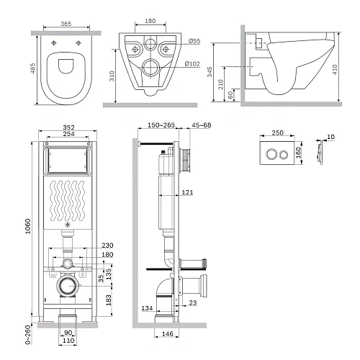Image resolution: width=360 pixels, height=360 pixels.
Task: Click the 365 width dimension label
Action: click(66, 24)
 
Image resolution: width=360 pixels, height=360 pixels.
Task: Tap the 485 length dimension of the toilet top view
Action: click(32, 68)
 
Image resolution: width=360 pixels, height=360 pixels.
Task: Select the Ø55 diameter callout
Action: click(194, 41)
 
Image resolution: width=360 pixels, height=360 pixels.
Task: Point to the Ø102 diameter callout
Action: click(192, 63)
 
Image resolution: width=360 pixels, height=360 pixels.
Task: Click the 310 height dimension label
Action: click(112, 76)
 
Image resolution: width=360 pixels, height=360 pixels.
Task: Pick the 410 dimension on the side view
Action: click(335, 70)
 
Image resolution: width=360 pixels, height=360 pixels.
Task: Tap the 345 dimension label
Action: click(210, 72)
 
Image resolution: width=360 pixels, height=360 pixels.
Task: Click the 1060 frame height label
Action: click(28, 226)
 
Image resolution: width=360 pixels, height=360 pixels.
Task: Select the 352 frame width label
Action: click(68, 127)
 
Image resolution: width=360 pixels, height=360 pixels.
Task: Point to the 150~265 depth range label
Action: click(161, 125)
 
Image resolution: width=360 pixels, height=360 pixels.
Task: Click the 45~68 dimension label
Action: click(202, 125)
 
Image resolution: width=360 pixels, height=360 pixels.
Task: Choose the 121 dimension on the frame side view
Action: click(187, 192)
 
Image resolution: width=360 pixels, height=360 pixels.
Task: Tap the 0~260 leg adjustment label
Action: click(28, 335)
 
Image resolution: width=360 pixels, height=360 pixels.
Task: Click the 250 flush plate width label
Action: click(278, 132)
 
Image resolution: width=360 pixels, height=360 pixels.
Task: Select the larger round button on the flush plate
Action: click(271, 154)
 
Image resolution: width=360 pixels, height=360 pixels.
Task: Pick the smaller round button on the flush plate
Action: click(284, 155)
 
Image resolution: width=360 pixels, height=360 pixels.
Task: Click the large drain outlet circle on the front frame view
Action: click(68, 286)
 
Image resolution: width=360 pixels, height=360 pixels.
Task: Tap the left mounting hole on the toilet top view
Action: click(54, 43)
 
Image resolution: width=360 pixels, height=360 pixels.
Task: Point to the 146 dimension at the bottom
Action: click(167, 334)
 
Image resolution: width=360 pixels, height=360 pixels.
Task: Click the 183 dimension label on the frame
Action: click(109, 300)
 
